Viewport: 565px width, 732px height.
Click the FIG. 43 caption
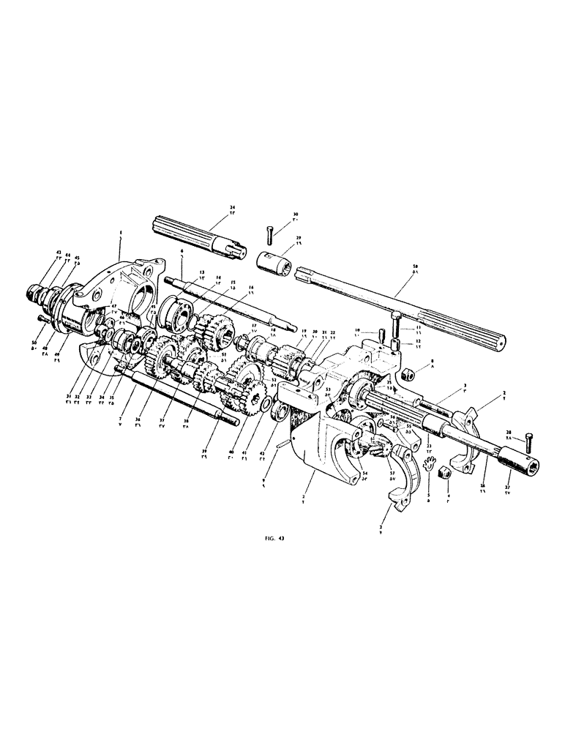tap(275, 538)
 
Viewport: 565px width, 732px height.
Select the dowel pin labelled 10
tap(381, 335)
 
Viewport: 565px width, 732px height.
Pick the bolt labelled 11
tap(394, 320)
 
